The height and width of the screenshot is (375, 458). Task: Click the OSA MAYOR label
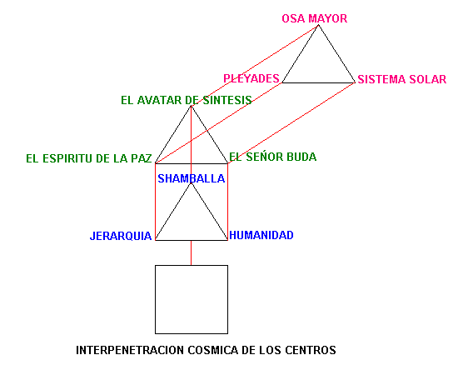pos(314,18)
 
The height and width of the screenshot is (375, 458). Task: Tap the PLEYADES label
pos(251,78)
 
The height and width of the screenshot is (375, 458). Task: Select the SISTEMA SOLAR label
pos(402,79)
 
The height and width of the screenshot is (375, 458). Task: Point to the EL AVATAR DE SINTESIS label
pos(187,100)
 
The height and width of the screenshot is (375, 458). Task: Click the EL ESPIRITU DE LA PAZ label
pos(89,158)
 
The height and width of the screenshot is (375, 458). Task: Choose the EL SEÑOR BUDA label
pos(273,157)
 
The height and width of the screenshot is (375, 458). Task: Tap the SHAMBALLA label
pos(192,178)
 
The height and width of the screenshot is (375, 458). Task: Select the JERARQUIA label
pos(121,236)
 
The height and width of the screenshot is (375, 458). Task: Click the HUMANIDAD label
pos(261,235)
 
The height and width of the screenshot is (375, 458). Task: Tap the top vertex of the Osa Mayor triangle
pos(318,25)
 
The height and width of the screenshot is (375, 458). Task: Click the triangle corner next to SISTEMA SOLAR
pos(355,82)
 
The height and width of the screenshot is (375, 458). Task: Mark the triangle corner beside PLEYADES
pos(282,82)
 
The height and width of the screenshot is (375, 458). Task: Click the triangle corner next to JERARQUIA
pos(156,240)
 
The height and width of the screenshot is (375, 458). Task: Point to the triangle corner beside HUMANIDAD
pos(227,240)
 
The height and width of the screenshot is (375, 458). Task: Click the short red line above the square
pos(191,252)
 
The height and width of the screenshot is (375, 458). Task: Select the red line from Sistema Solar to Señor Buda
pos(291,123)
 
